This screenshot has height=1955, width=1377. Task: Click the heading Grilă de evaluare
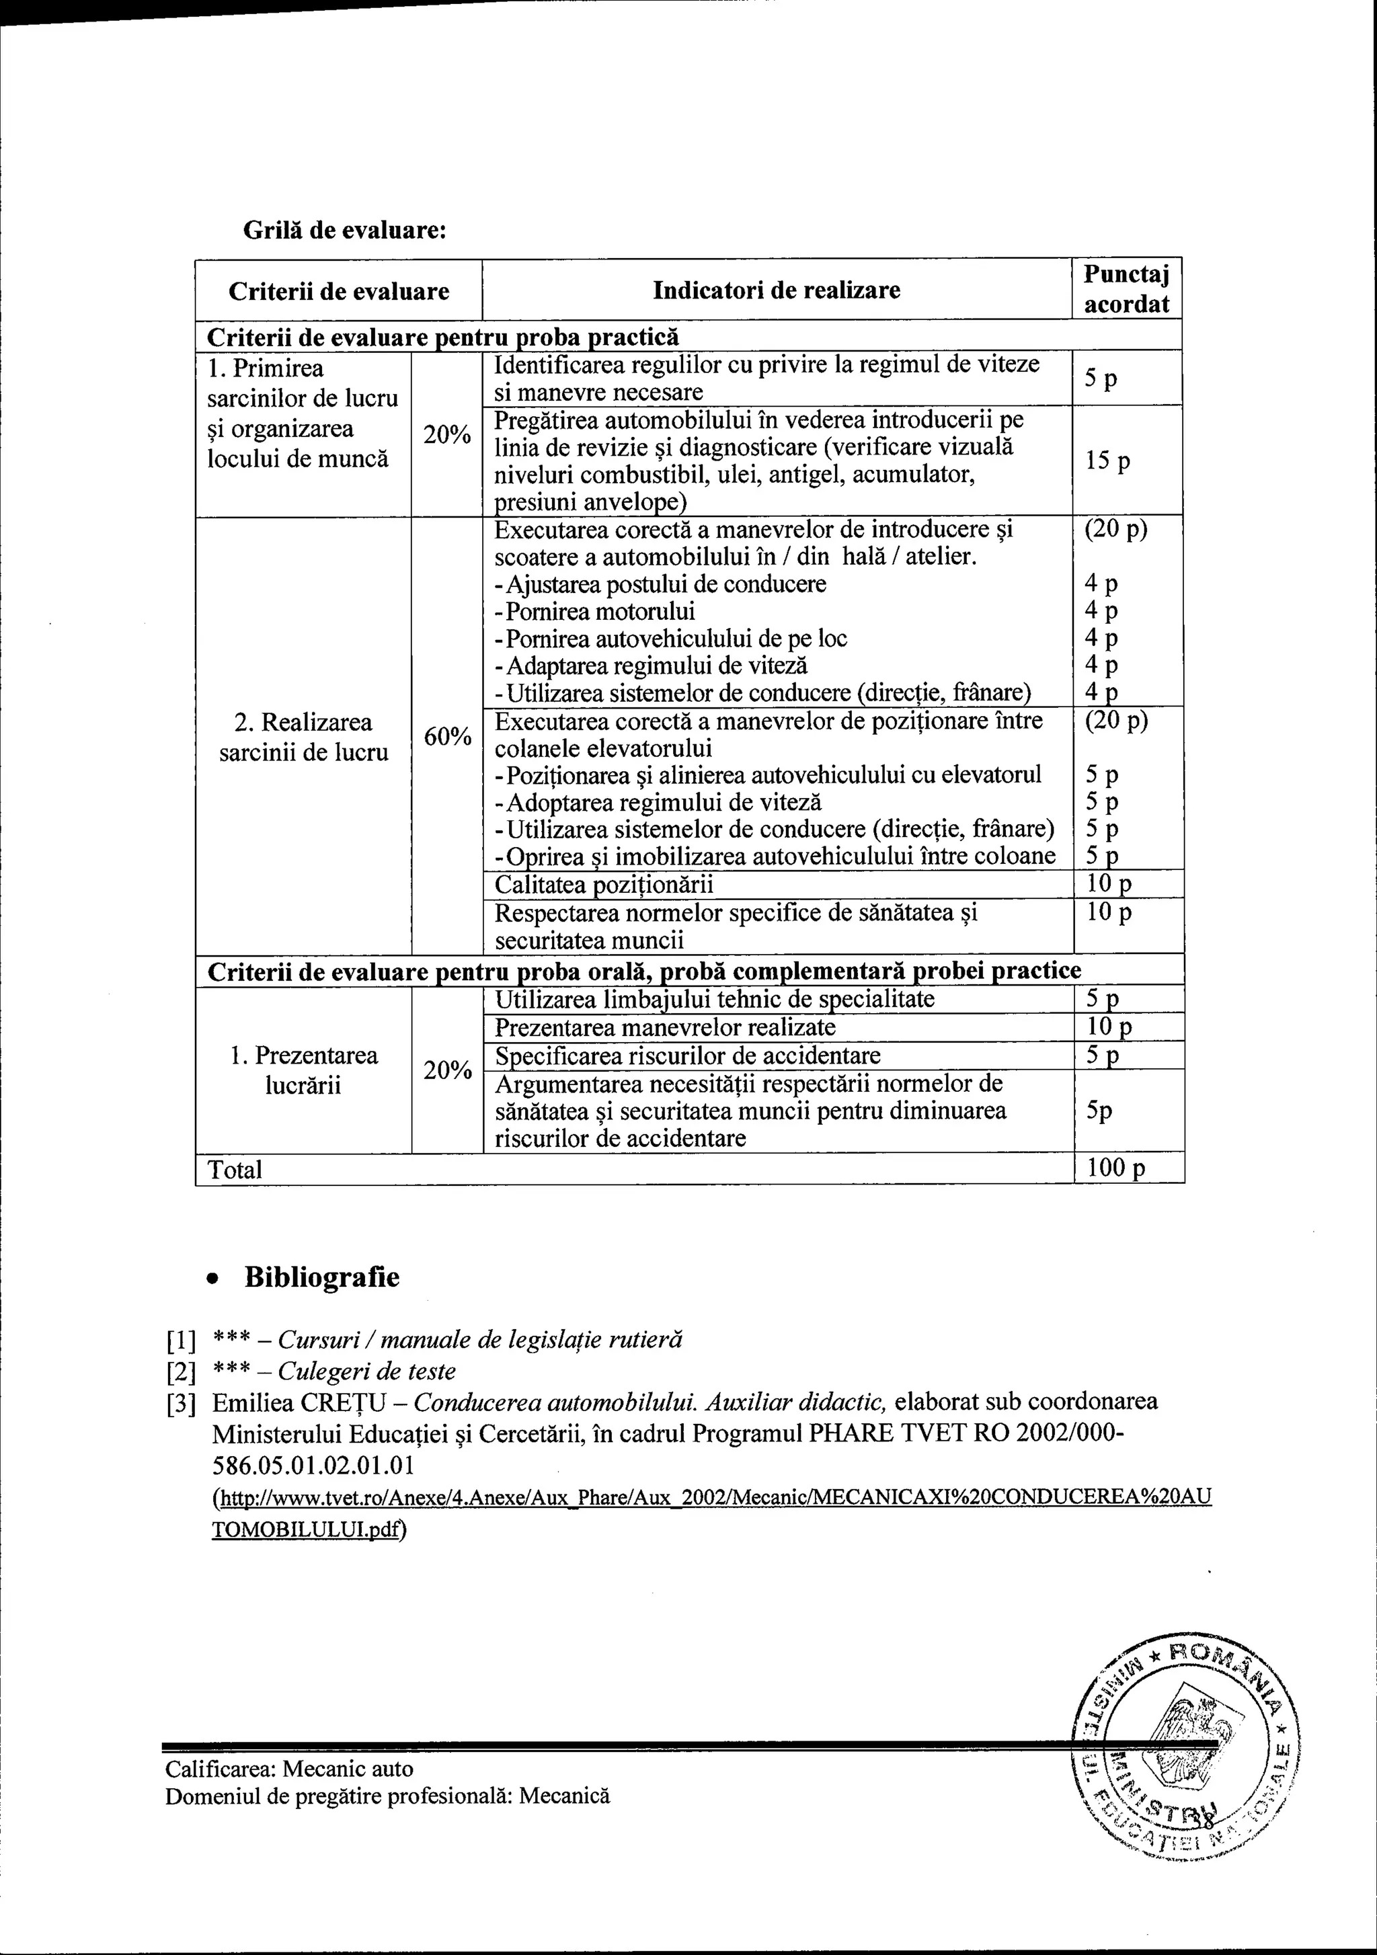(x=345, y=230)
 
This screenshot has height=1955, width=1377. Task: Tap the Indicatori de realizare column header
(x=776, y=290)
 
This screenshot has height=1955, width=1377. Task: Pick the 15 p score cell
(x=1108, y=461)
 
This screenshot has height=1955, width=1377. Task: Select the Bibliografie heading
(x=321, y=1277)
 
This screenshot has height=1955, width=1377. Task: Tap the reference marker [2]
(x=181, y=1371)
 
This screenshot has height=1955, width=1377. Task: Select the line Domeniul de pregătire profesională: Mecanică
(x=387, y=1796)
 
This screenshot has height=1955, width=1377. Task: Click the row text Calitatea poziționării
(x=604, y=885)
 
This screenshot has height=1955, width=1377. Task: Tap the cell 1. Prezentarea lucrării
(x=303, y=1070)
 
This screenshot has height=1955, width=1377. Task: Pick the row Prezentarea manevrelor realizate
(x=665, y=1027)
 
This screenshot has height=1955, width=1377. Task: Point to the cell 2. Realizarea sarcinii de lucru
(x=303, y=737)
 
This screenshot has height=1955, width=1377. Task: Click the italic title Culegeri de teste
(x=367, y=1371)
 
